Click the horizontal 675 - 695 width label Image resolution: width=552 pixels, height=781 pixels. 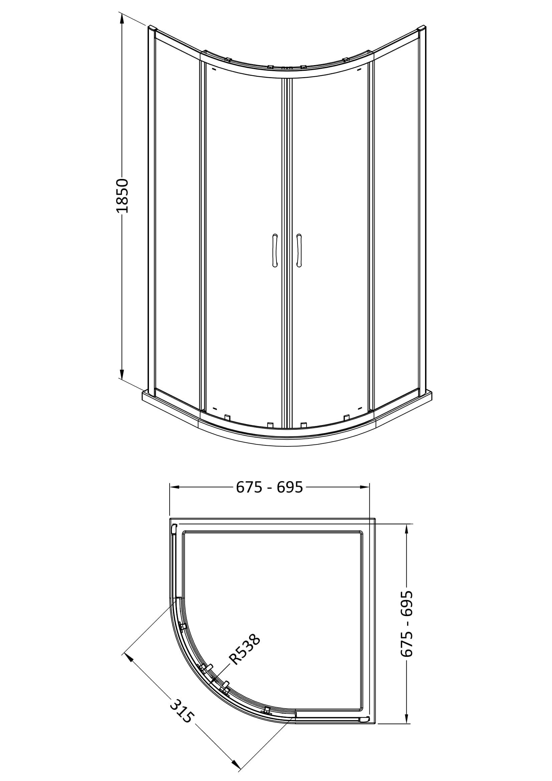269,487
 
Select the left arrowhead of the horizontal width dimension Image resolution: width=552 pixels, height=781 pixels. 174,487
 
